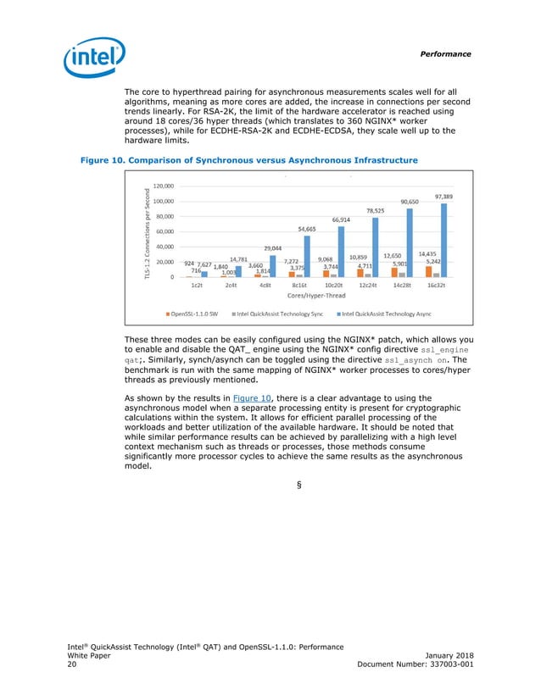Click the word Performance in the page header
[446, 53]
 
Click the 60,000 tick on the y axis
[165, 231]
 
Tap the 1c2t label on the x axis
[196, 286]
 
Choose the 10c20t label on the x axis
[332, 286]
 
